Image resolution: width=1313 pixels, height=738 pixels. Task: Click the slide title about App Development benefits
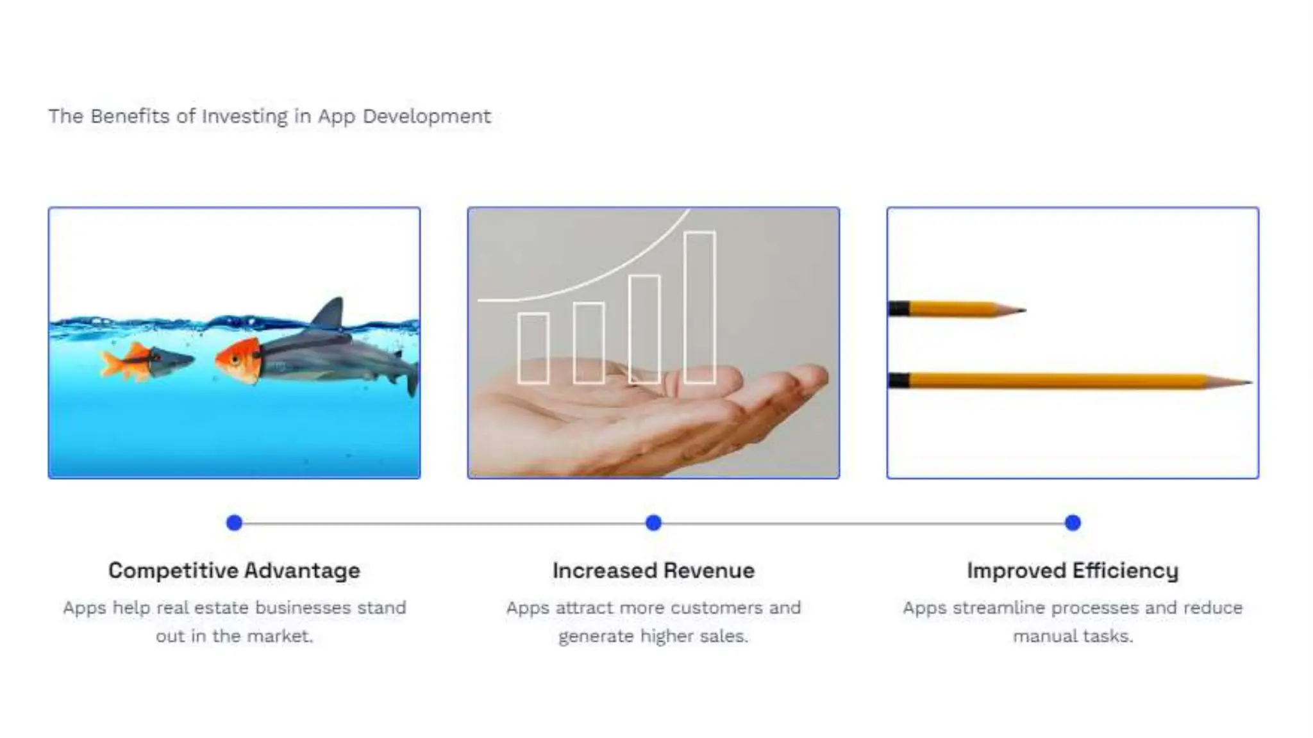(269, 117)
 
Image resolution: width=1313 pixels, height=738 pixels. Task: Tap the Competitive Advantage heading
(234, 570)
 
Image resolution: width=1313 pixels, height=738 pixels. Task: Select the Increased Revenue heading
(653, 570)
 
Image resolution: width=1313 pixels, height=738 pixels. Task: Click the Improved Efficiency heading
(1073, 570)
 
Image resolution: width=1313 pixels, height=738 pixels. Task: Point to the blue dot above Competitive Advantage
(235, 523)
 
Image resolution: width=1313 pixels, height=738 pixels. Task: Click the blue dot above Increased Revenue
(653, 523)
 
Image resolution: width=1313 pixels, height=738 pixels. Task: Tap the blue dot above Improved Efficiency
(1073, 523)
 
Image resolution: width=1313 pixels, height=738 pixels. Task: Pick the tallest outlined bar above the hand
(699, 307)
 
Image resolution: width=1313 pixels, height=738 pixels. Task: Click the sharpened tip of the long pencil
(1246, 382)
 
